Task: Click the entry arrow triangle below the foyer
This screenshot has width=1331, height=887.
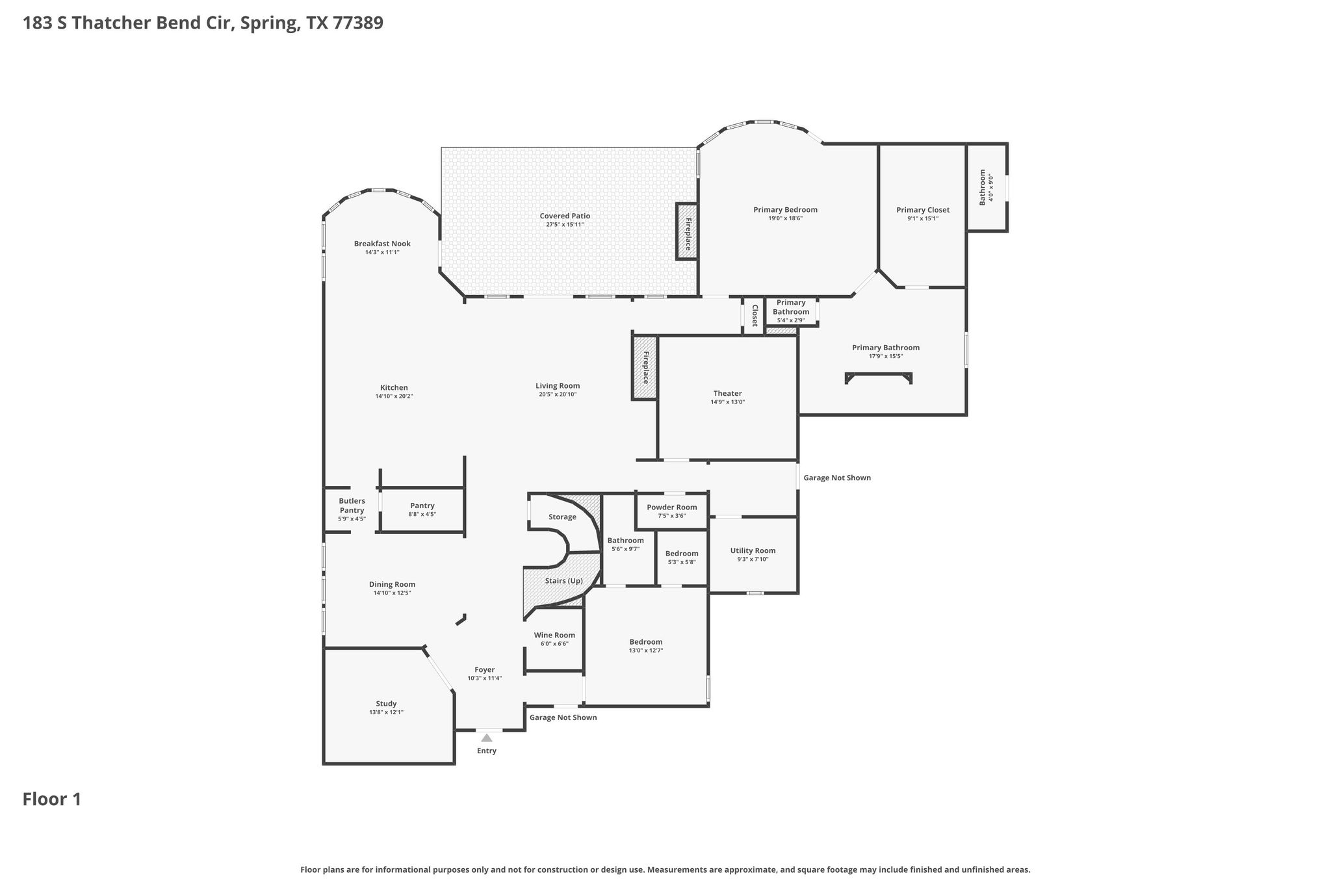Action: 486,738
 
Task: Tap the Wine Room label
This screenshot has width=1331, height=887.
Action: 554,636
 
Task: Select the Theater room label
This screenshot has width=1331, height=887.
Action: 727,393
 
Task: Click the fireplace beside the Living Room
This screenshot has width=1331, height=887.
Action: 645,367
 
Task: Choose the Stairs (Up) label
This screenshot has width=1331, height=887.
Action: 563,581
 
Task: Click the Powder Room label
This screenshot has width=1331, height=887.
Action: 671,508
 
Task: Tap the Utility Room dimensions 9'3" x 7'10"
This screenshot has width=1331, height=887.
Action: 753,559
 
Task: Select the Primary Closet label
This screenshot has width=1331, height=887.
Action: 923,210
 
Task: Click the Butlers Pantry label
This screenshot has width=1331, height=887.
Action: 352,506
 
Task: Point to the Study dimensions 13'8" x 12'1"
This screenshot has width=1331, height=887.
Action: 386,712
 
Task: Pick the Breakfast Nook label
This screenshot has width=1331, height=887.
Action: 382,244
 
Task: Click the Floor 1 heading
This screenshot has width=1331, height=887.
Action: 52,799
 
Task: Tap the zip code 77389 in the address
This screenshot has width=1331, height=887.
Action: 357,23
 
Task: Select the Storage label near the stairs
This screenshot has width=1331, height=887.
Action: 562,517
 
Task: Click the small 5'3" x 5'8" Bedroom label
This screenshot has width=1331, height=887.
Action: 682,554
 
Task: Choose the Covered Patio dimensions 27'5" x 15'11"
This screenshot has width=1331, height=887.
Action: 565,225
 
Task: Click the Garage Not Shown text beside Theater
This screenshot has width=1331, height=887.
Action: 837,478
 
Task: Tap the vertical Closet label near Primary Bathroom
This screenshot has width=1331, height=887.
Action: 755,315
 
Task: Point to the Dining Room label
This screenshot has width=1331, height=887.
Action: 392,584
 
